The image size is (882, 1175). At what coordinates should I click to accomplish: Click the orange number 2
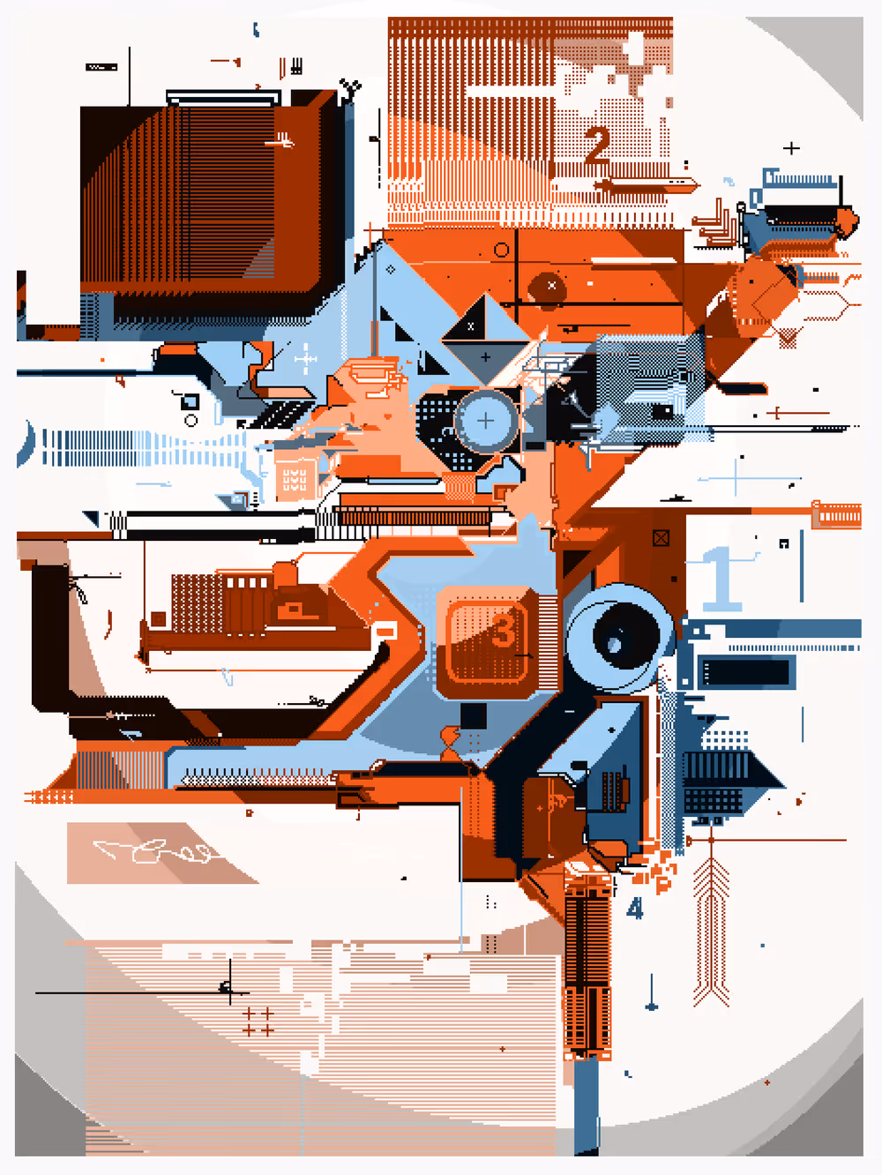pyautogui.click(x=597, y=146)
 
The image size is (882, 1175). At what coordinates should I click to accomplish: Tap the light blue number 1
pyautogui.click(x=721, y=579)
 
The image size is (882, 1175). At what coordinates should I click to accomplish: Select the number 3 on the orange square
pyautogui.click(x=504, y=630)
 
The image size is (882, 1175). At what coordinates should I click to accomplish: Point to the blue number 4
pyautogui.click(x=635, y=908)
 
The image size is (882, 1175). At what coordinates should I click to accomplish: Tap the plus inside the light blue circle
pyautogui.click(x=485, y=421)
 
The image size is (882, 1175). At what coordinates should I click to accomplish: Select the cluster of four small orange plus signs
pyautogui.click(x=258, y=1022)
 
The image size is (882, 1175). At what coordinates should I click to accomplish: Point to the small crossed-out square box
pyautogui.click(x=661, y=537)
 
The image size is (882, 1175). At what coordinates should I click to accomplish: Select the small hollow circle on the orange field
pyautogui.click(x=502, y=251)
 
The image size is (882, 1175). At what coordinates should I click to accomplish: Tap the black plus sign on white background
pyautogui.click(x=791, y=148)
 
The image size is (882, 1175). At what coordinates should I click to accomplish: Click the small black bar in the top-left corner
pyautogui.click(x=101, y=67)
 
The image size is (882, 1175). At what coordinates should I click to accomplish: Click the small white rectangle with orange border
pyautogui.click(x=385, y=631)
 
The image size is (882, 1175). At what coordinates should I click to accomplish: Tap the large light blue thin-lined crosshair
pyautogui.click(x=736, y=478)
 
